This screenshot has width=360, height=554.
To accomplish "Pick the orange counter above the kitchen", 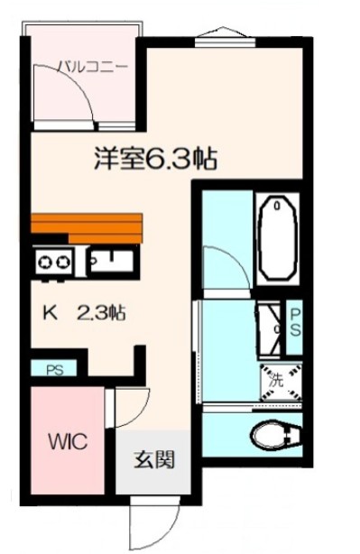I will [x=87, y=226].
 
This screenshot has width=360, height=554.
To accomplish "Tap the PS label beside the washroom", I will [x=295, y=321].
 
